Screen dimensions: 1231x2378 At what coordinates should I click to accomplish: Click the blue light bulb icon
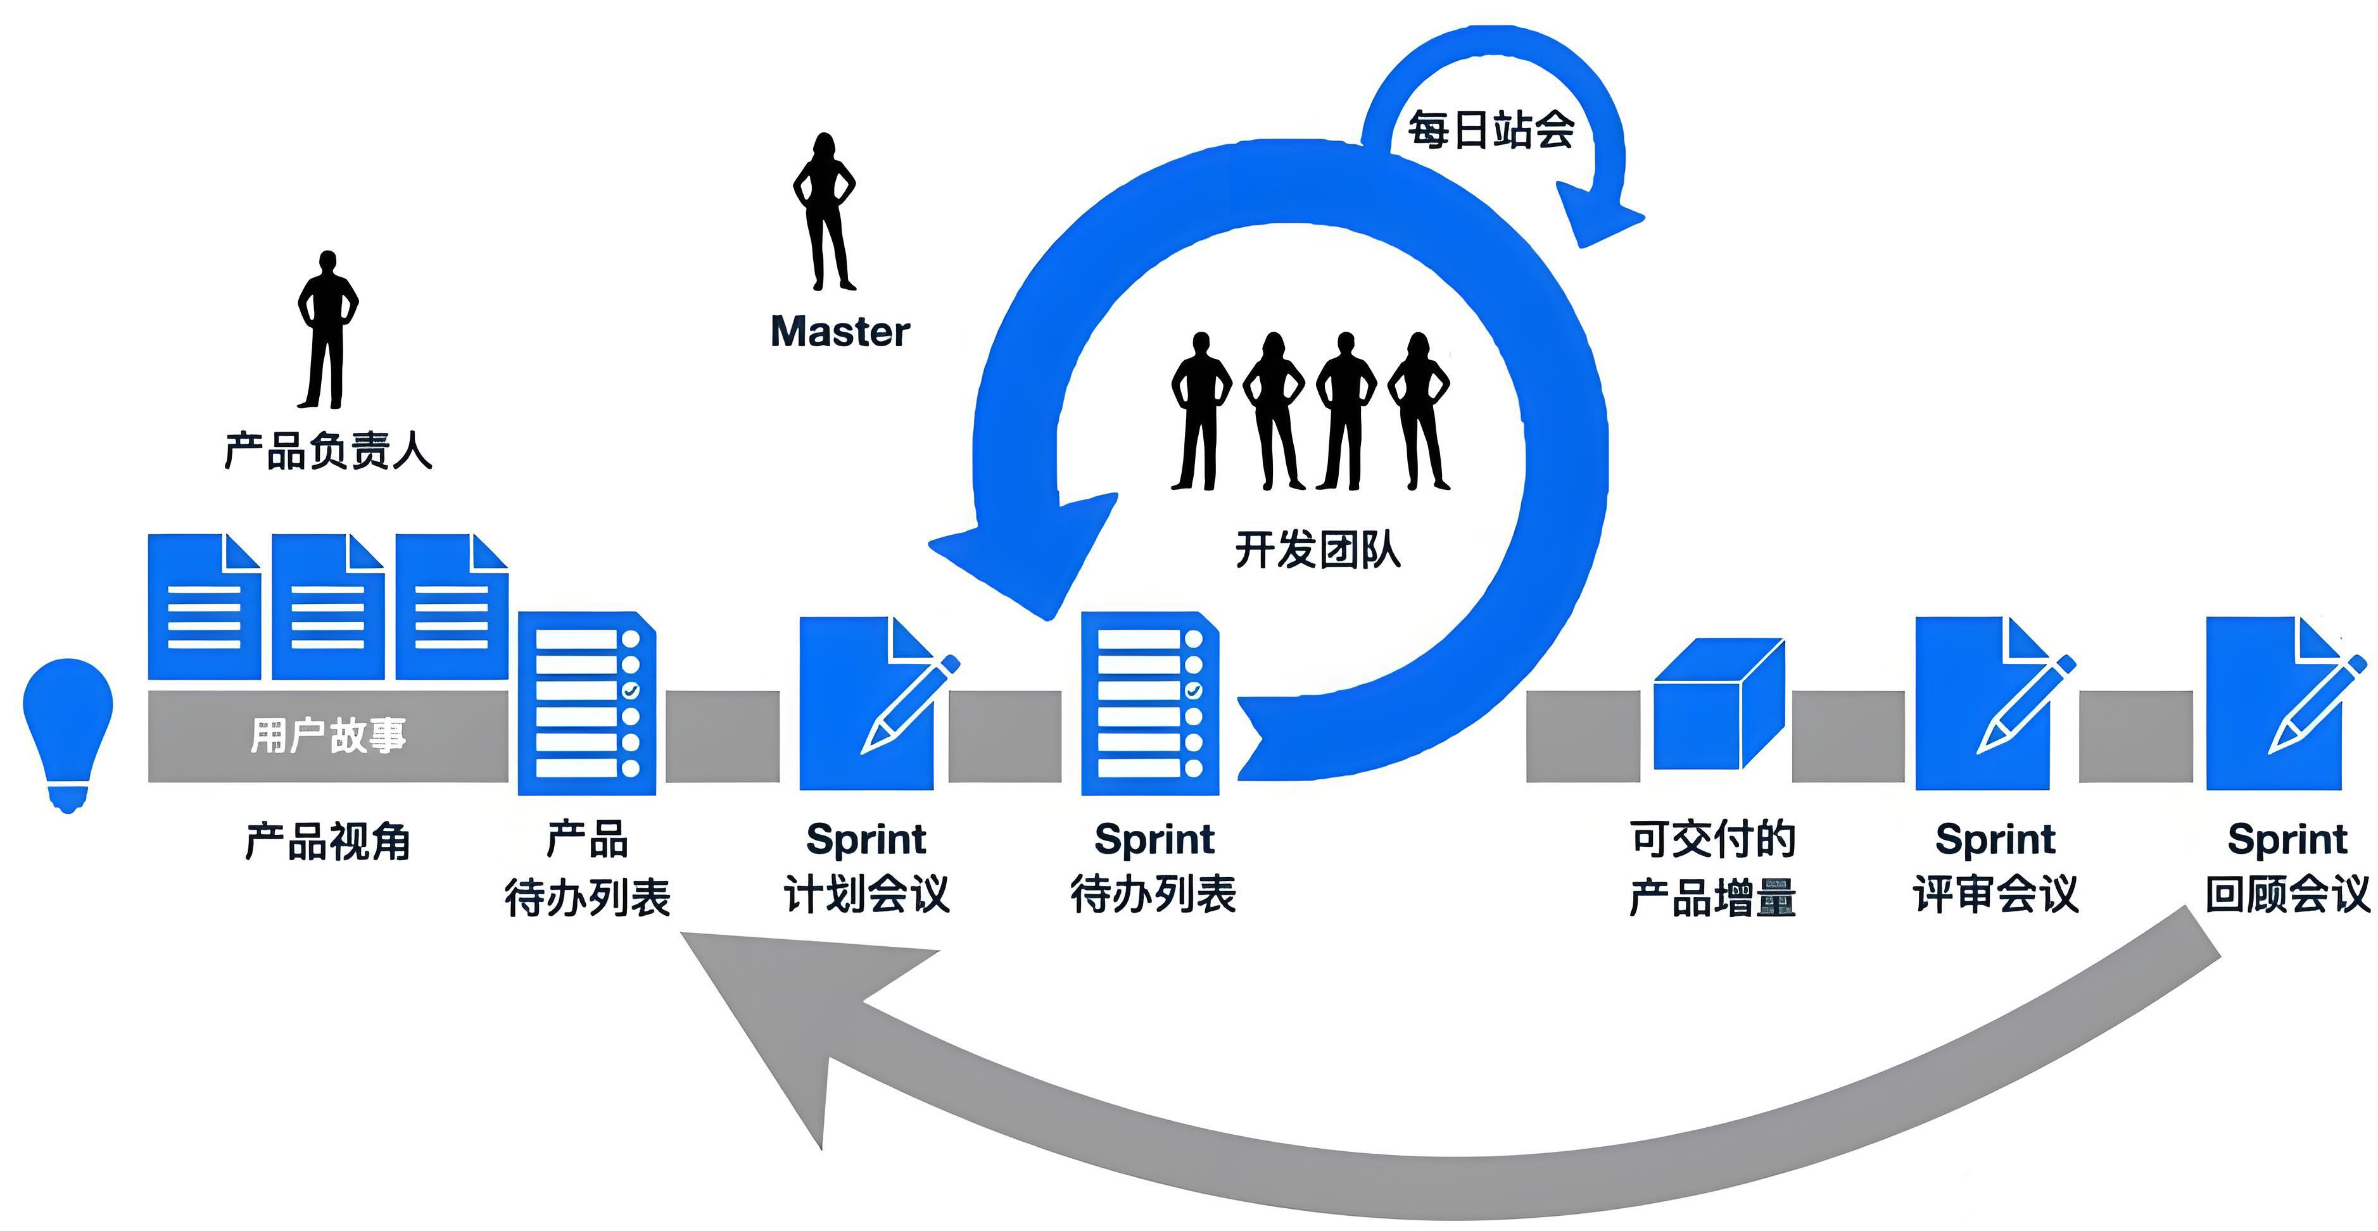[67, 729]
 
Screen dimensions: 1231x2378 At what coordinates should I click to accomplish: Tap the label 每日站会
[1490, 130]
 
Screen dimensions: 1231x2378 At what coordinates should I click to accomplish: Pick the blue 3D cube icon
[1717, 706]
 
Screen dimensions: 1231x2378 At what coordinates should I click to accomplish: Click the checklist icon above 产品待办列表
[587, 703]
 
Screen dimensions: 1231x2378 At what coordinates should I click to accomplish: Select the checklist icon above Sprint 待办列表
[1150, 703]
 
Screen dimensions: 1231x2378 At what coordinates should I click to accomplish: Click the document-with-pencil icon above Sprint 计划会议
[873, 703]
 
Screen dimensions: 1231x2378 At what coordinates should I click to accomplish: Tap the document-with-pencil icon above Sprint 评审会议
[1989, 703]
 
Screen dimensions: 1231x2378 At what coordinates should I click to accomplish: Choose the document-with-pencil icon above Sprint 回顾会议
[2280, 703]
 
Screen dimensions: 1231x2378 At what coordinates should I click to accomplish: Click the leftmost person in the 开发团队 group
[1200, 411]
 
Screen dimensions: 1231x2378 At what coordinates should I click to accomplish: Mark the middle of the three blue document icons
[327, 607]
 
